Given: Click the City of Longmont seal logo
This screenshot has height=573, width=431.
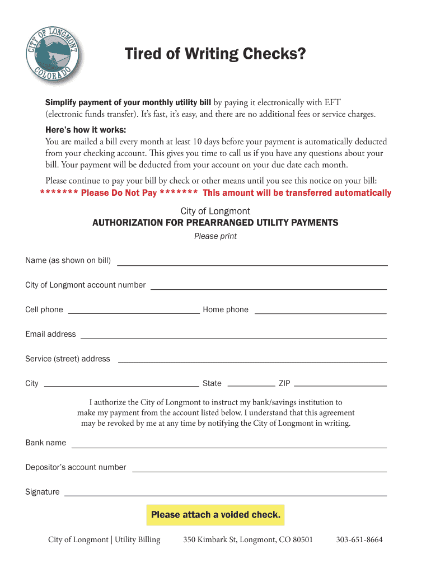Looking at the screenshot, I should pyautogui.click(x=53, y=54).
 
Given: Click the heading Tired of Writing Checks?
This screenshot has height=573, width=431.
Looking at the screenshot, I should pyautogui.click(x=215, y=54).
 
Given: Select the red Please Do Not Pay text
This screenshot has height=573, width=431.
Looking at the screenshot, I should pyautogui.click(x=119, y=193).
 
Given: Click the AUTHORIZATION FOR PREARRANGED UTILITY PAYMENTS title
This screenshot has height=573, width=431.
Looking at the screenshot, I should pyautogui.click(x=215, y=223).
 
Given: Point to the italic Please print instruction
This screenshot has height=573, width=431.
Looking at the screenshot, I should pyautogui.click(x=215, y=236).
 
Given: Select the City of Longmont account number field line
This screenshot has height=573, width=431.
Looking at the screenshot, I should pyautogui.click(x=269, y=289).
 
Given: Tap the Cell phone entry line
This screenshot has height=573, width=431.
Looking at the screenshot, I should pyautogui.click(x=133, y=313).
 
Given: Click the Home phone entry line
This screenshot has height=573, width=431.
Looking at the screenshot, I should pyautogui.click(x=320, y=313).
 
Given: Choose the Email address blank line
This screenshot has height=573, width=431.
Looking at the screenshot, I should pyautogui.click(x=233, y=338).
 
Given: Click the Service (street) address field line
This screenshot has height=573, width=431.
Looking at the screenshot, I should pyautogui.click(x=252, y=363).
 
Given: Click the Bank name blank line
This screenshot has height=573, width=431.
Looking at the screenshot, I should pyautogui.click(x=229, y=447).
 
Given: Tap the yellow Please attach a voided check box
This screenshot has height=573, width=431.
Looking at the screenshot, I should pyautogui.click(x=215, y=515).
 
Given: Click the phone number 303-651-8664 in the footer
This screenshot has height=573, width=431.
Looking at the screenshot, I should pyautogui.click(x=359, y=540).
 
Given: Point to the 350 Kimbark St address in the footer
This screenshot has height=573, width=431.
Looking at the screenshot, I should pyautogui.click(x=248, y=540).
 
